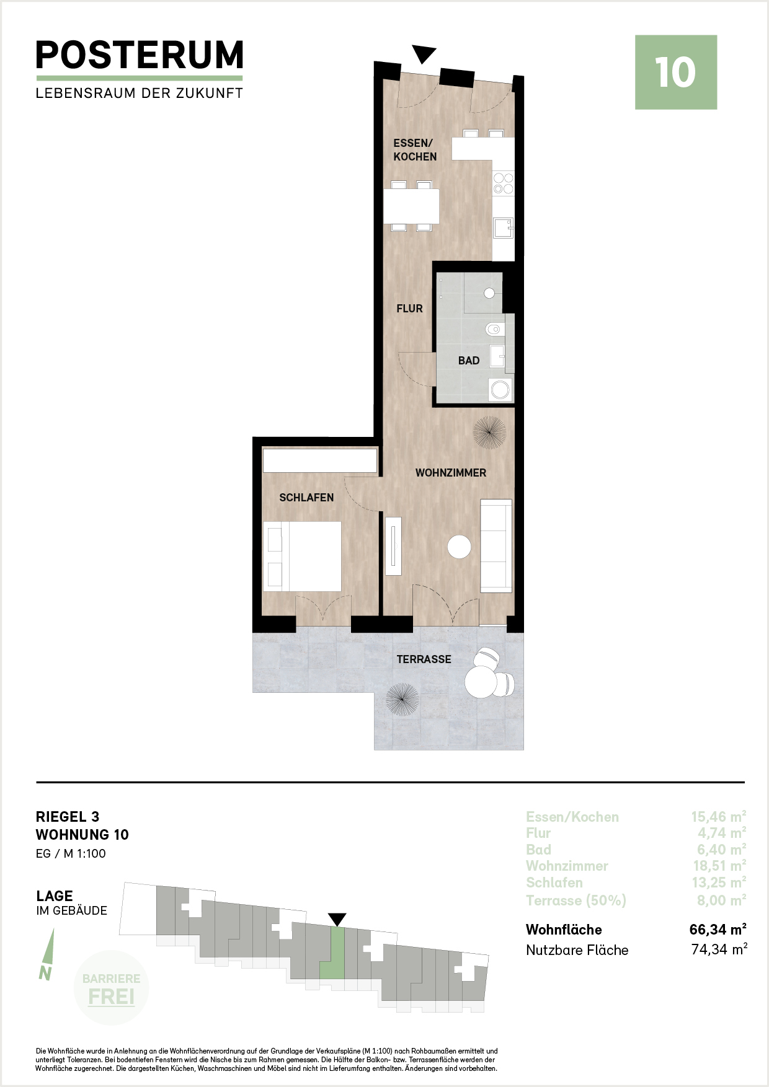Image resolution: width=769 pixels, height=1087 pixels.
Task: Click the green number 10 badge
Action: (676, 73)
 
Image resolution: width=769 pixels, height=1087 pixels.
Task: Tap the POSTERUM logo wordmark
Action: (140, 55)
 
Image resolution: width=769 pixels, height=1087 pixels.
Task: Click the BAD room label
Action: (469, 361)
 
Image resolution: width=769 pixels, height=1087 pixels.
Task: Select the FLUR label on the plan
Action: (410, 309)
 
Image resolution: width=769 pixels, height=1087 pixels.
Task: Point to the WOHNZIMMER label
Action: (451, 473)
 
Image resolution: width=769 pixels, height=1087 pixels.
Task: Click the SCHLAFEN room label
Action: (306, 498)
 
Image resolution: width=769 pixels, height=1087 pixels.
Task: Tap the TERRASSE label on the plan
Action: (424, 659)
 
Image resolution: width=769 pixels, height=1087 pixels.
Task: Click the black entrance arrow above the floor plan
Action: (424, 55)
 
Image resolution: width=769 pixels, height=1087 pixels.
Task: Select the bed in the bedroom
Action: (303, 557)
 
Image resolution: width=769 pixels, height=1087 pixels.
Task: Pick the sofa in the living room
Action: (496, 545)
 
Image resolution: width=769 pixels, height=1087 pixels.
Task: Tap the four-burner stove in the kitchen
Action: (503, 183)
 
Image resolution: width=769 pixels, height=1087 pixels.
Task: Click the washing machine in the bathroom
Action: (500, 390)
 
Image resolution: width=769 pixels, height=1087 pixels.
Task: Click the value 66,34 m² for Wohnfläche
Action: (718, 930)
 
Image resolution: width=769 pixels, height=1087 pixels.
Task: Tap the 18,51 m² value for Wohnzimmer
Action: (719, 866)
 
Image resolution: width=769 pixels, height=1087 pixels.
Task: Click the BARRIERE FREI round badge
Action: (111, 988)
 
